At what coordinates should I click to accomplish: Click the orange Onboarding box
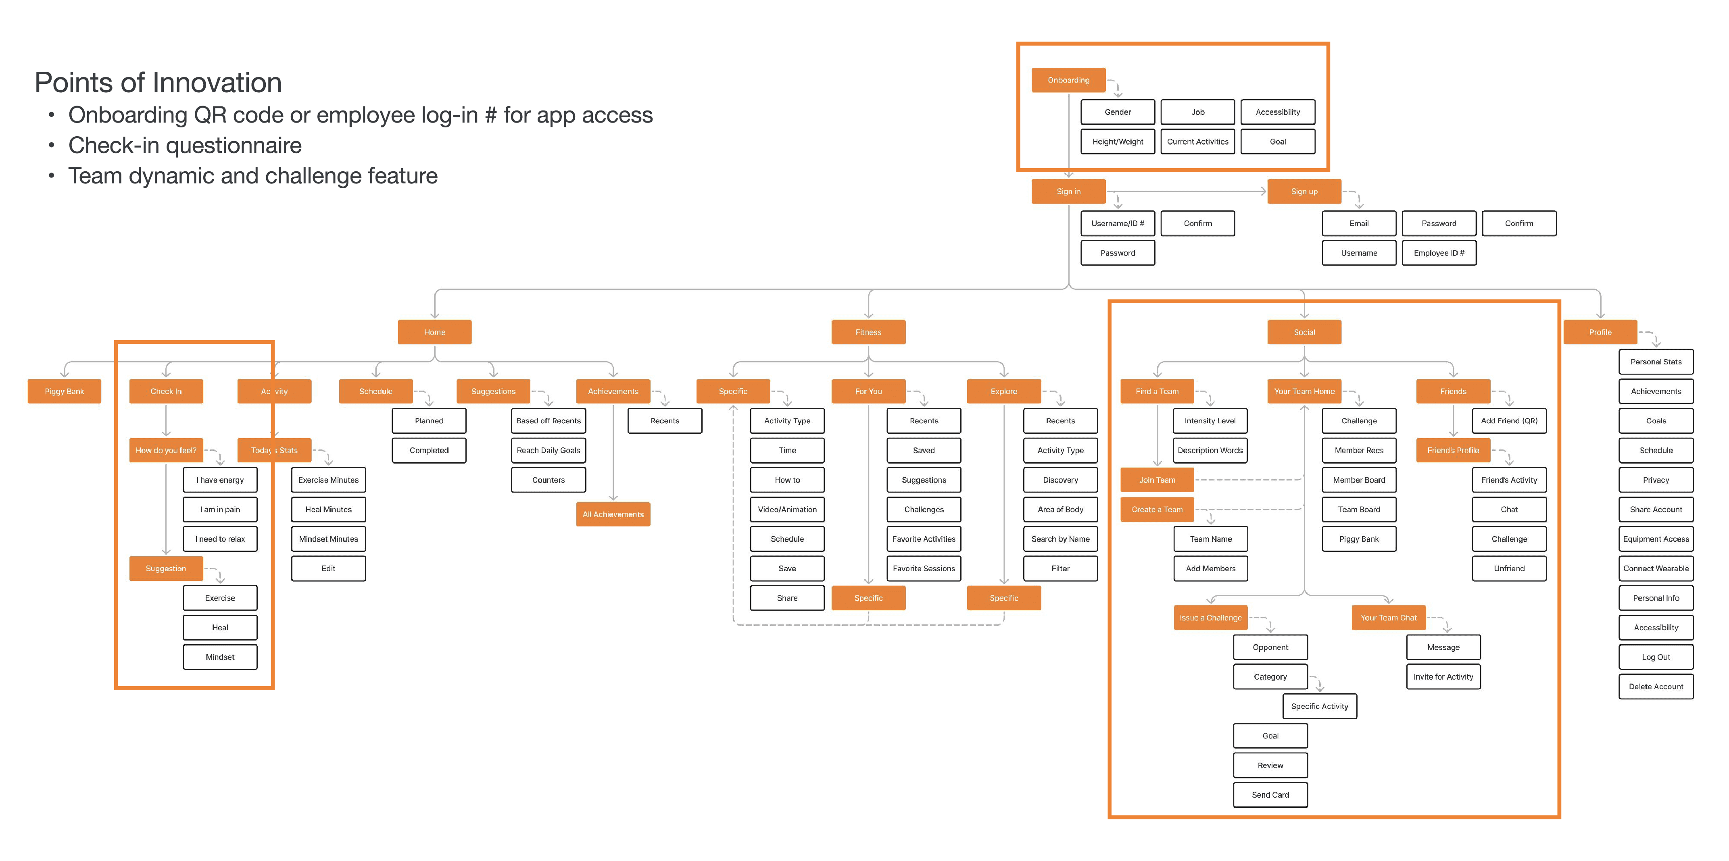(x=1068, y=80)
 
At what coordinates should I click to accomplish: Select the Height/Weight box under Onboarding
(x=1118, y=141)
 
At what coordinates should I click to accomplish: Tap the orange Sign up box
(x=1304, y=191)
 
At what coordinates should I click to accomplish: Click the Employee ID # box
(x=1439, y=253)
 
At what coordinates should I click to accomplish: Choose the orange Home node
(x=434, y=332)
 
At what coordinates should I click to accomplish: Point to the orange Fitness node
(x=868, y=332)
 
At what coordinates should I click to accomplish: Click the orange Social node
(x=1304, y=332)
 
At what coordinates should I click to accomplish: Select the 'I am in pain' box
(x=220, y=510)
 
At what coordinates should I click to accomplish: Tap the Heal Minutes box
(x=328, y=510)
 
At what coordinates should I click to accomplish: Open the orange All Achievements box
(x=613, y=514)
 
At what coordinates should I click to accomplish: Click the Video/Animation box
(x=787, y=510)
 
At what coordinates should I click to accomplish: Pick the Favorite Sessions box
(x=924, y=568)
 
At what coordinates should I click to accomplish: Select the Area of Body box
(x=1060, y=510)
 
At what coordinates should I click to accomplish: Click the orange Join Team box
(x=1157, y=480)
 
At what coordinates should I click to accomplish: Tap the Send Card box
(x=1270, y=794)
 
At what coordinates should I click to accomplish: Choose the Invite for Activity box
(x=1443, y=676)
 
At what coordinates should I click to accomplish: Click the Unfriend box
(x=1509, y=568)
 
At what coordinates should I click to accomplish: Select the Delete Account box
(x=1656, y=686)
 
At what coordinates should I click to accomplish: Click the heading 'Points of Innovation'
(x=159, y=83)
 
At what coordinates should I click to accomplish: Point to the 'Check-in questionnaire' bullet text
(x=185, y=145)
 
